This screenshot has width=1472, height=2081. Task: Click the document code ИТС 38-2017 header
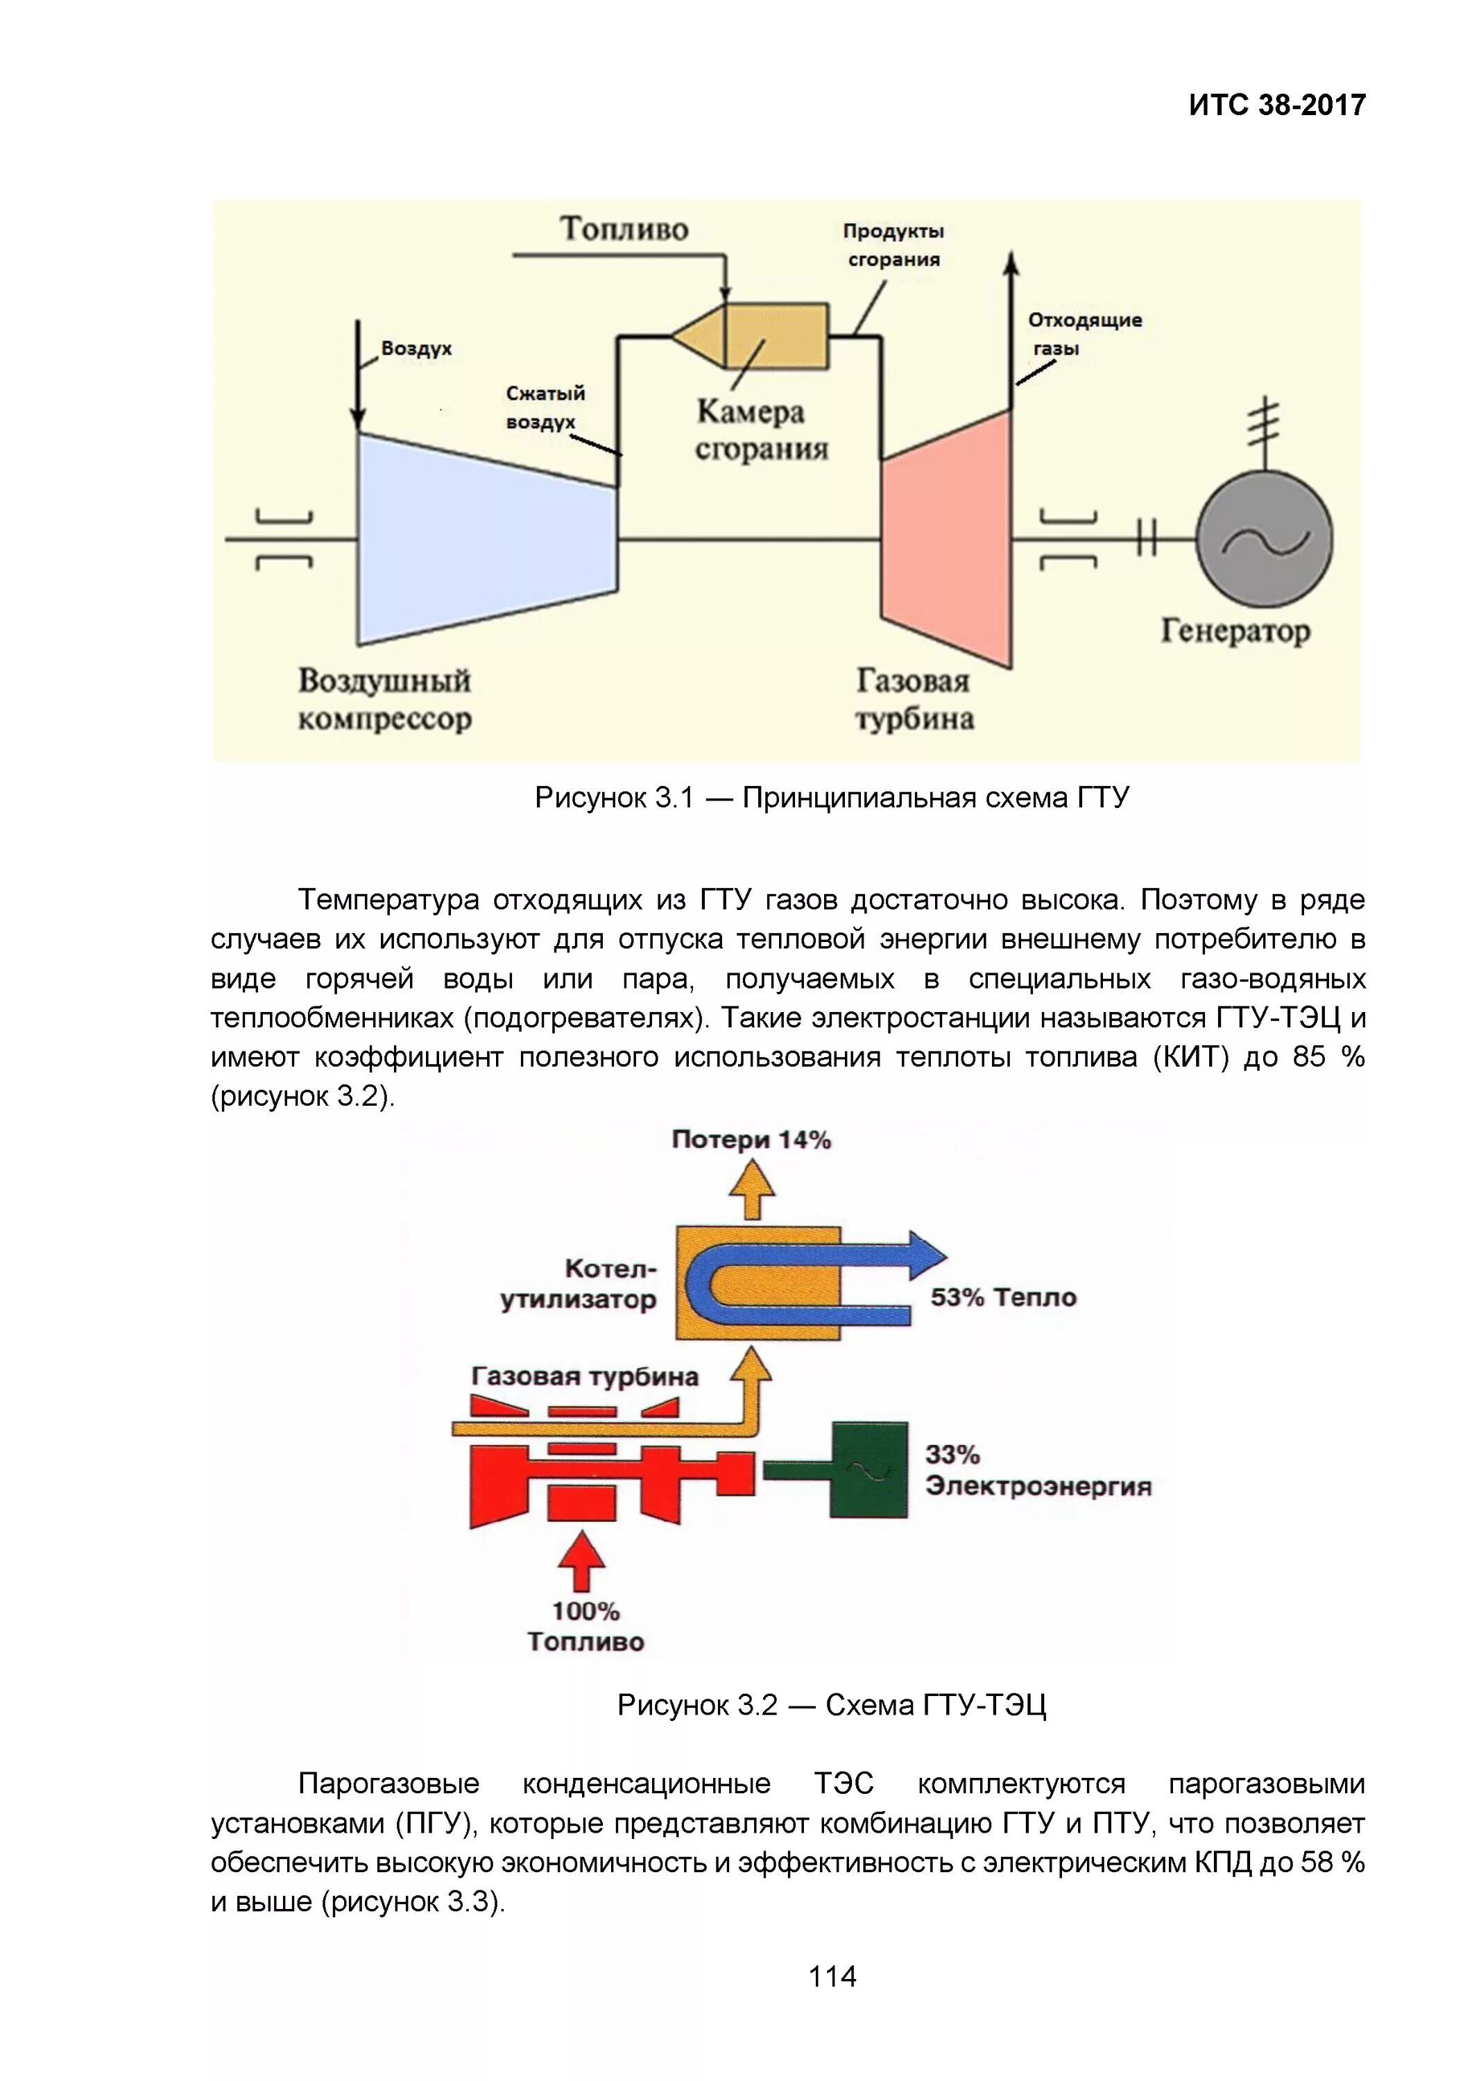(1276, 105)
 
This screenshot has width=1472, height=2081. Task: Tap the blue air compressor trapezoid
(485, 538)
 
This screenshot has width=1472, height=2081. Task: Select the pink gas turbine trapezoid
(946, 538)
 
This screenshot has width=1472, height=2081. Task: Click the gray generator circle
(1265, 538)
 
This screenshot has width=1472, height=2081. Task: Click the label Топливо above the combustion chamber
(624, 228)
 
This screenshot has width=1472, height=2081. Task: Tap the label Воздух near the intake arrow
(416, 349)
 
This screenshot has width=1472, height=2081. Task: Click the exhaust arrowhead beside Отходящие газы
(1011, 264)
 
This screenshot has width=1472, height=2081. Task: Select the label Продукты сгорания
(893, 245)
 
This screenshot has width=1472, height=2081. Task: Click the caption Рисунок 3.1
(831, 798)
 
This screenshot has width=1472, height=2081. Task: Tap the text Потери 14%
(751, 1140)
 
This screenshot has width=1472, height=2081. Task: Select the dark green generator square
(868, 1469)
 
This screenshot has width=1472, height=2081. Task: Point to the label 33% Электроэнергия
(1038, 1470)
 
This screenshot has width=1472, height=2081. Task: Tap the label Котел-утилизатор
(579, 1283)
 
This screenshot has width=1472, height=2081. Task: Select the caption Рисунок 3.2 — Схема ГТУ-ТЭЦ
(831, 1706)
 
